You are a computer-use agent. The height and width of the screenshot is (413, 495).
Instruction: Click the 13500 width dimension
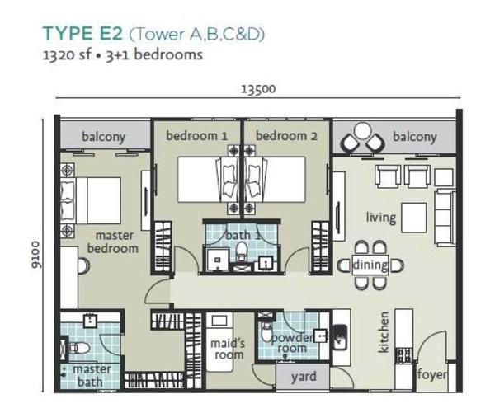(258, 89)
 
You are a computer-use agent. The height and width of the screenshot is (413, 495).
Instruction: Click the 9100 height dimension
(35, 255)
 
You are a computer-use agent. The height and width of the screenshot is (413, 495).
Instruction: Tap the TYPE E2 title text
(82, 34)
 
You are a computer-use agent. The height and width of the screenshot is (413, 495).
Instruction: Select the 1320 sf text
(66, 55)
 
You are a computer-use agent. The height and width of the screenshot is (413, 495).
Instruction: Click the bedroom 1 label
(196, 136)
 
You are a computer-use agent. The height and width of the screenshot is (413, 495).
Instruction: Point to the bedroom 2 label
(286, 136)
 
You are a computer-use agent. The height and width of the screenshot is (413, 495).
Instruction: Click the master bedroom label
(113, 242)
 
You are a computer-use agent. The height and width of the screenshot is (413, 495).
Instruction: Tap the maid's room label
(228, 349)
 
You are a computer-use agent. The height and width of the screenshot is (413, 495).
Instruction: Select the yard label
(304, 377)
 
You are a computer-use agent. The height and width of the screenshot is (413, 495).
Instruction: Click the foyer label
(431, 374)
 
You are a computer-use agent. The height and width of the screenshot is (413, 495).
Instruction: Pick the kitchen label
(384, 332)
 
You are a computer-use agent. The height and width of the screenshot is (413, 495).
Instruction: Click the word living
(381, 218)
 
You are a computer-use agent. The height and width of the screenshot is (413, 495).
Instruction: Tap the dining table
(370, 265)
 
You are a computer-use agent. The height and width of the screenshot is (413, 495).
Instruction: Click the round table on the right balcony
(362, 130)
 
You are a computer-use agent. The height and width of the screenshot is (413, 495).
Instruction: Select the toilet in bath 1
(242, 251)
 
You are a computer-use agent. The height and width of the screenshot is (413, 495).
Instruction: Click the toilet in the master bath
(78, 348)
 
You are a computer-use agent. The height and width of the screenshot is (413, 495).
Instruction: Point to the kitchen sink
(340, 337)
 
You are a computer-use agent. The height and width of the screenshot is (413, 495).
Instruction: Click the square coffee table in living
(414, 218)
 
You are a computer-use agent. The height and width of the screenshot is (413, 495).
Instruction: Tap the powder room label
(292, 343)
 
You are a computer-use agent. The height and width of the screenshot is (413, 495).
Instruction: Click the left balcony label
(104, 137)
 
